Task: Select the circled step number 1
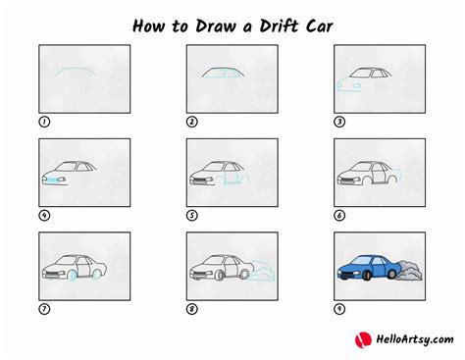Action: pyautogui.click(x=44, y=123)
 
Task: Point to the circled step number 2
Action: pyautogui.click(x=192, y=123)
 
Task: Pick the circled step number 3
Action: pyautogui.click(x=339, y=123)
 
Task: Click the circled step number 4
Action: pyautogui.click(x=44, y=216)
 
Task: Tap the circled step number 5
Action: pyautogui.click(x=192, y=216)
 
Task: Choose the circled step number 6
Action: pyautogui.click(x=339, y=216)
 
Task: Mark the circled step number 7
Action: pyautogui.click(x=44, y=310)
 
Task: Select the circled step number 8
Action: pyautogui.click(x=192, y=310)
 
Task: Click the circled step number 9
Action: pyautogui.click(x=339, y=310)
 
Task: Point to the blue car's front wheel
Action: pyautogui.click(x=351, y=279)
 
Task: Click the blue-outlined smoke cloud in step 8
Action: pyautogui.click(x=257, y=268)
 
